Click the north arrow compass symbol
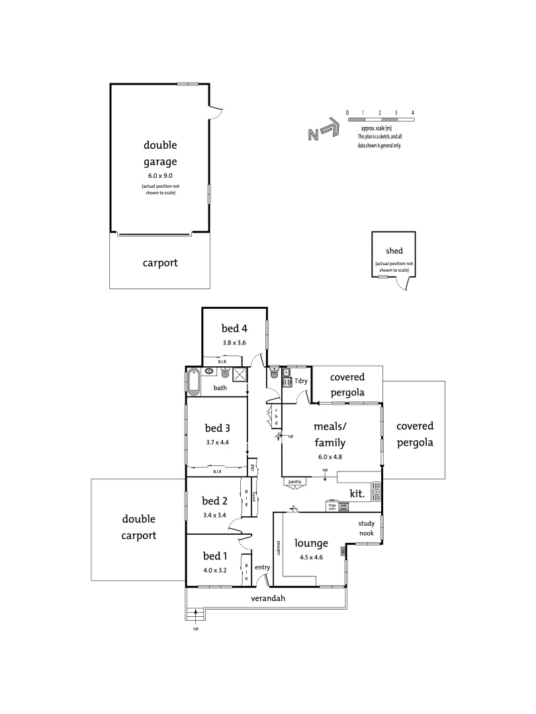[324, 132]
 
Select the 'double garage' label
[160, 153]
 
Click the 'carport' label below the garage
[160, 262]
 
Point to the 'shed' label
[394, 251]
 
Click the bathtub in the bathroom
[193, 381]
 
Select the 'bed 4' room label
[234, 328]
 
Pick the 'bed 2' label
[215, 500]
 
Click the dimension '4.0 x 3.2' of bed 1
[215, 569]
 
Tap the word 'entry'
[262, 567]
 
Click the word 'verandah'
[268, 599]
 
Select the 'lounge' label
[312, 543]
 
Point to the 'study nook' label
[367, 528]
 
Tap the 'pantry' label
[295, 482]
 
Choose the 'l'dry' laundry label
[301, 381]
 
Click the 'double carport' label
[139, 527]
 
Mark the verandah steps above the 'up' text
[196, 615]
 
